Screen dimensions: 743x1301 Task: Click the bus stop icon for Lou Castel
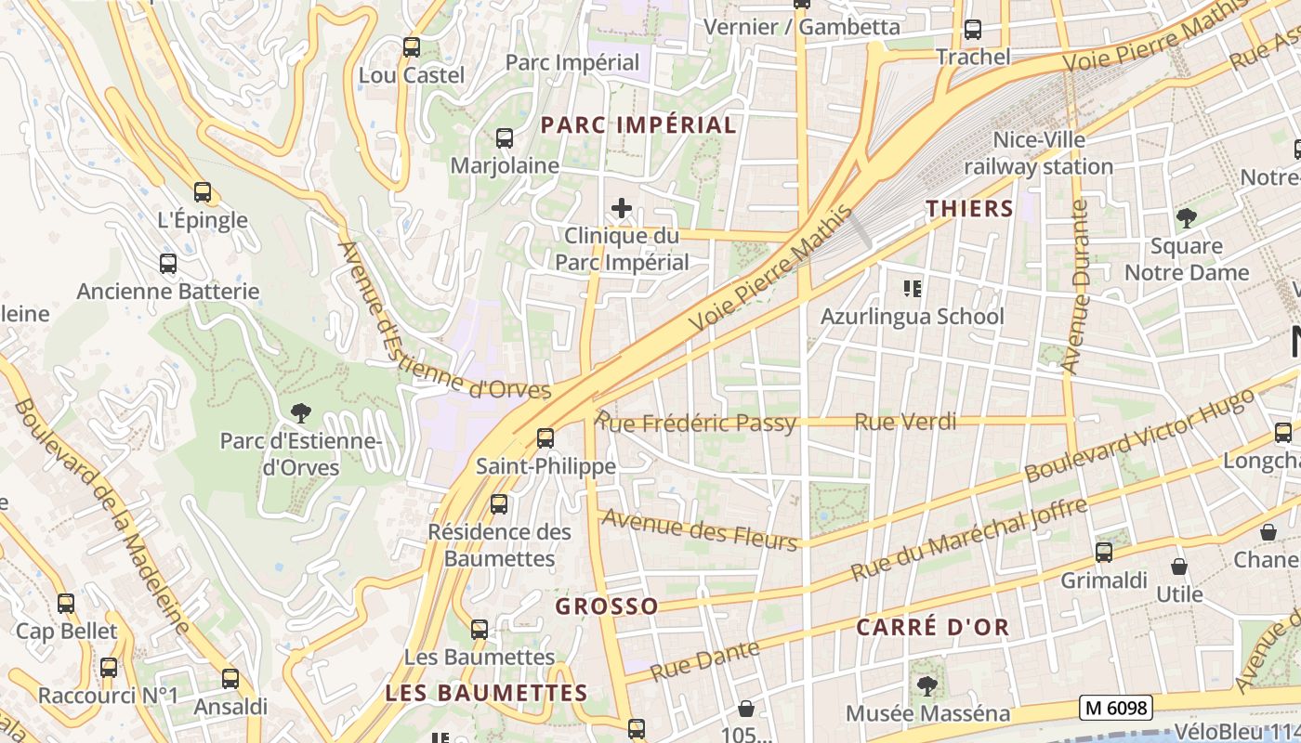tap(411, 46)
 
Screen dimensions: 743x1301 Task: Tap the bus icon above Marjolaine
tap(504, 138)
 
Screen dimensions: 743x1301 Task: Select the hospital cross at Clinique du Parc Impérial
tap(622, 208)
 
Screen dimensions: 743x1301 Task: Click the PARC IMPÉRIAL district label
tap(638, 124)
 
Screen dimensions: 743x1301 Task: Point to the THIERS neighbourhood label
tap(969, 208)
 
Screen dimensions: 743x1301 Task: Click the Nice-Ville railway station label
tap(1038, 153)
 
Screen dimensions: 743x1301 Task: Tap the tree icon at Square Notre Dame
tap(1186, 219)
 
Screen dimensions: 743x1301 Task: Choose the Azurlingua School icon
tap(913, 289)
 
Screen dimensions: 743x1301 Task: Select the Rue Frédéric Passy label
tap(698, 424)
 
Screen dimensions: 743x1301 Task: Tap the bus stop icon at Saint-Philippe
tap(545, 438)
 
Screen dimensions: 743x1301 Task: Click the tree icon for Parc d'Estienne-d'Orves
tap(300, 412)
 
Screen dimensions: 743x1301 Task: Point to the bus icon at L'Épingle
tap(203, 193)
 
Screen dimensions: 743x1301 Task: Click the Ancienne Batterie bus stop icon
tap(167, 264)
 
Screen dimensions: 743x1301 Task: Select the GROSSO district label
tap(607, 606)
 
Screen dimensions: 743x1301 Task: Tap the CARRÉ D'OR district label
tap(932, 627)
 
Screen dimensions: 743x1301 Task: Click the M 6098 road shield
tap(1116, 708)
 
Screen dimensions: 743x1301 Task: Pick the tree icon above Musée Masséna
tap(926, 686)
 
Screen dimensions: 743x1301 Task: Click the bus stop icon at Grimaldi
tap(1104, 553)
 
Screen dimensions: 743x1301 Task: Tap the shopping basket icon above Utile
tap(1179, 566)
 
